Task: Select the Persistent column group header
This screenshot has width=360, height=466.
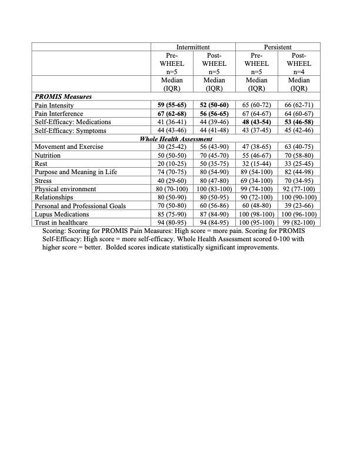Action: tap(278, 46)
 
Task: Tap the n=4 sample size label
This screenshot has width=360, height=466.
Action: tap(299, 71)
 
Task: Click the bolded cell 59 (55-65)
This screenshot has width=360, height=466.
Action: tap(172, 104)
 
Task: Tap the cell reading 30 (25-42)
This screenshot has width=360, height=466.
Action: tap(172, 146)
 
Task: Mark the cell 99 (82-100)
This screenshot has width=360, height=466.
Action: tap(299, 223)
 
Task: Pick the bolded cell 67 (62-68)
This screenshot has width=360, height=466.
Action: tap(172, 113)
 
